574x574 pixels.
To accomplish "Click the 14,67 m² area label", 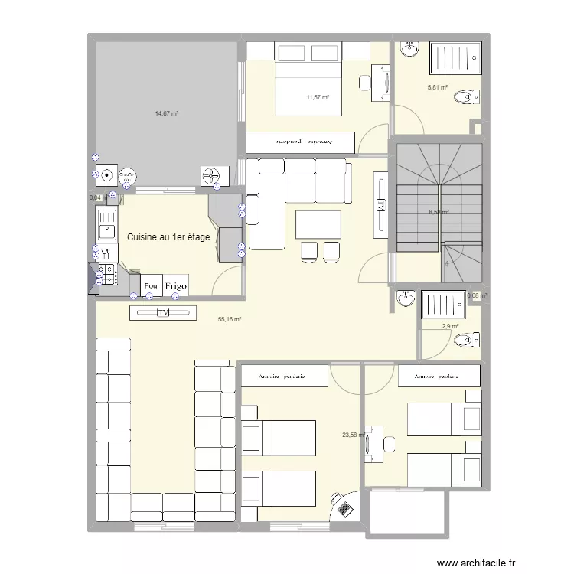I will point(166,113).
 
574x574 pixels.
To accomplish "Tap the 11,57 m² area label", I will point(318,97).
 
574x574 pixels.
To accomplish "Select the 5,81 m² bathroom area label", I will point(437,87).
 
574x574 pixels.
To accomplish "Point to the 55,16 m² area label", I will point(230,320).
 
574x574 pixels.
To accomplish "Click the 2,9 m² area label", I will point(450,327).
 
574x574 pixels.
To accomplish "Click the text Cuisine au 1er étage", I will point(168,237).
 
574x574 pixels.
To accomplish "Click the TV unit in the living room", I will point(162,312).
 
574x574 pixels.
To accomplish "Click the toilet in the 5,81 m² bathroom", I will point(467,97).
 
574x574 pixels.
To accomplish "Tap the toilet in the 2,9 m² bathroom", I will point(468,338).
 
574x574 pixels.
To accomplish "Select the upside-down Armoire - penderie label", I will point(301,142).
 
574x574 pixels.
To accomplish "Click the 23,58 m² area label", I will point(353,435).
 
